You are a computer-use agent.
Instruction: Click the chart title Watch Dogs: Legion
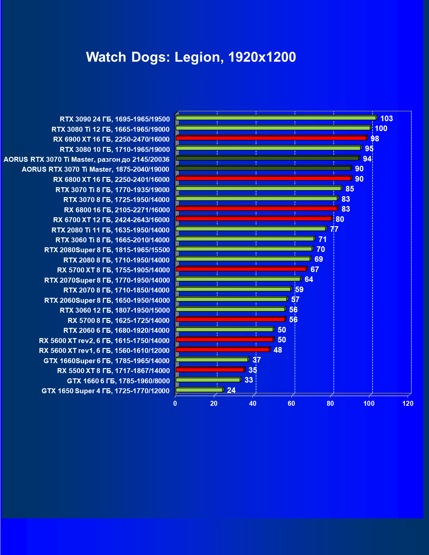[191, 57]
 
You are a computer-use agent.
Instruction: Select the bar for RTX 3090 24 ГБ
[276, 118]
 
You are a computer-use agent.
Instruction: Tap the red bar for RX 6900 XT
[271, 138]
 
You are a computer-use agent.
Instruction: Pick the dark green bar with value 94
[267, 158]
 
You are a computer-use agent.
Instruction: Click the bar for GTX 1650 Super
[199, 390]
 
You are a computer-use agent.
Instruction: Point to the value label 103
[386, 119]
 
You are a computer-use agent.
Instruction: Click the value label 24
[231, 390]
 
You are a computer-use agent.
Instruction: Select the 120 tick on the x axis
[408, 403]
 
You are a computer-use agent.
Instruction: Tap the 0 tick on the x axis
[175, 403]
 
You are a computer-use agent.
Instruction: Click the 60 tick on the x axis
[291, 403]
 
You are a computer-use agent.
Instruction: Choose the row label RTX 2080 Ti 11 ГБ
[111, 230]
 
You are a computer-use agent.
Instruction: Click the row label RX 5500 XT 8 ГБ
[114, 371]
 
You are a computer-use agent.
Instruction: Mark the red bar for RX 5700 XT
[241, 269]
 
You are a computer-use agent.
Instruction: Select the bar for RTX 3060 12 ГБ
[230, 309]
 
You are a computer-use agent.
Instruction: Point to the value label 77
[334, 229]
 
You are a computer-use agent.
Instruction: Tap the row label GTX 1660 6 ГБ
[118, 381]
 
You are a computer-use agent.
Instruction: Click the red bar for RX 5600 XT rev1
[223, 349]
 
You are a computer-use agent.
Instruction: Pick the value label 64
[309, 280]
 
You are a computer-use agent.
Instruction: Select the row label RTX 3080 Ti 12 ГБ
[111, 129]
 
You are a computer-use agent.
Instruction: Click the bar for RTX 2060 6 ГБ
[225, 329]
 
